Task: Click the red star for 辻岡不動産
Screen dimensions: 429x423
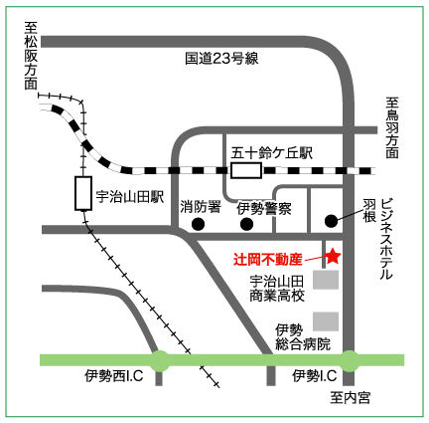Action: pos(333,257)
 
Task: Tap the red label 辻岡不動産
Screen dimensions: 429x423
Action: pos(268,260)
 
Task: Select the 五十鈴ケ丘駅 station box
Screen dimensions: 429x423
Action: pos(246,170)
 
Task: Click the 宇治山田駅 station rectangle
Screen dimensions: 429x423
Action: pos(83,193)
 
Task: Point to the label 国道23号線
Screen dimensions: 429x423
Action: pos(221,59)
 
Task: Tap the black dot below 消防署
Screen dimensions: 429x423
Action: pos(198,224)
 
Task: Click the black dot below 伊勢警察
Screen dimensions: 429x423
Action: pos(246,224)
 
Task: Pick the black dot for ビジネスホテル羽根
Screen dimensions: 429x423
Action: pos(331,221)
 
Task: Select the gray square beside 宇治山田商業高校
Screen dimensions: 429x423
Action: pos(326,280)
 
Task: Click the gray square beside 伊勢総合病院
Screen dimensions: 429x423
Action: pos(326,321)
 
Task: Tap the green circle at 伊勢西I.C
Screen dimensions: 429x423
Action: pos(161,360)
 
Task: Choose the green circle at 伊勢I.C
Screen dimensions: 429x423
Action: pos(350,360)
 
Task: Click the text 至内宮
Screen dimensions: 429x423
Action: pos(350,398)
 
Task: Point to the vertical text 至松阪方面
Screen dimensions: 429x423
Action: pos(31,56)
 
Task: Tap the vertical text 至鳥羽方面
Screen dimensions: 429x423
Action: pos(392,127)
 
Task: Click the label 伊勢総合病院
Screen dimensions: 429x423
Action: pos(303,337)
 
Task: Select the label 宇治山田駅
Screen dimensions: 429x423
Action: pos(130,197)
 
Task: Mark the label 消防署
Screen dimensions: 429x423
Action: pos(201,208)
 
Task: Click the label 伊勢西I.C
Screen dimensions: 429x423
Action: pos(114,376)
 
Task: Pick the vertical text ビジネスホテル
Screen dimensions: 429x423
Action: pos(386,239)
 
